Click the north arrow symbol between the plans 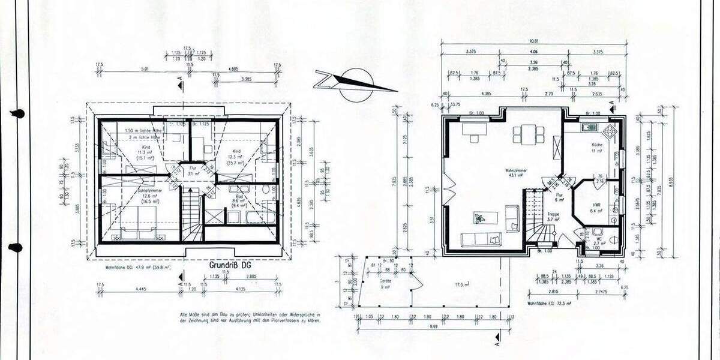click(354, 80)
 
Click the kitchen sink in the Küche click(587, 127)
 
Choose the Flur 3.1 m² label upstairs click(193, 172)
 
